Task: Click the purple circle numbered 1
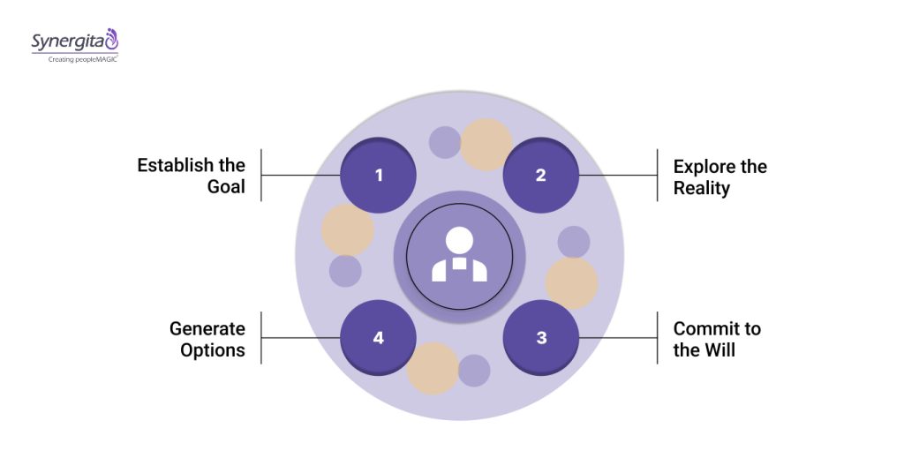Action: coord(379,175)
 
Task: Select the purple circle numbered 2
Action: coord(540,175)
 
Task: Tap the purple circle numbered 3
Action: coord(540,338)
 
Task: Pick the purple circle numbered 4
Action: coord(379,338)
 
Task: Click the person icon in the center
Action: coord(459,256)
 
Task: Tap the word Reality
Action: coord(702,188)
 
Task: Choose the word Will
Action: coord(719,350)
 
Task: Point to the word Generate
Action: coord(207,329)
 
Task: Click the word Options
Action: coord(213,350)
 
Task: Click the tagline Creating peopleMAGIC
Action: coord(72,60)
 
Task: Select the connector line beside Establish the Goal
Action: coord(300,175)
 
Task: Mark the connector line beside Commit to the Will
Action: coord(618,338)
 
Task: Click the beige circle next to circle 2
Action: coord(486,145)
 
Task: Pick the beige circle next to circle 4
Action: coord(433,368)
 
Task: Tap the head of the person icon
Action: coord(459,240)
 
